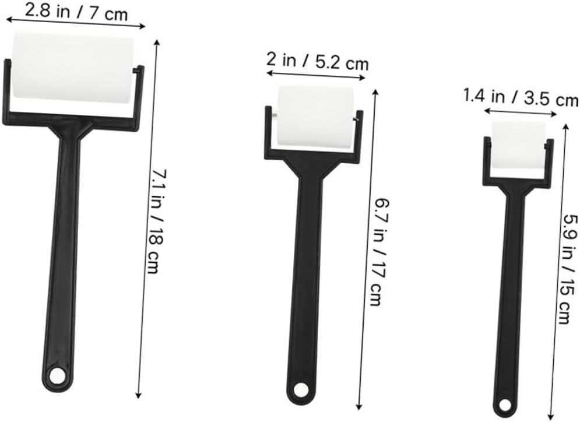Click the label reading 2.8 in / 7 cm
76,13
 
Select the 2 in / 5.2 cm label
318,61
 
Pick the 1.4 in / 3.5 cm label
521,98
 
